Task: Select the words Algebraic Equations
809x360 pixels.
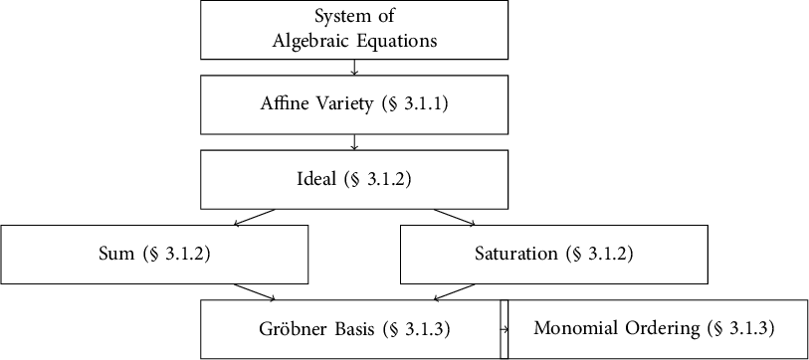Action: pyautogui.click(x=354, y=41)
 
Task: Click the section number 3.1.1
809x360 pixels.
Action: pyautogui.click(x=424, y=104)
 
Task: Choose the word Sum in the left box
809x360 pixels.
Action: pyautogui.click(x=116, y=254)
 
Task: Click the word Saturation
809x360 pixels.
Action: pyautogui.click(x=517, y=254)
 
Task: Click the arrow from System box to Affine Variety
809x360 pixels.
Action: pyautogui.click(x=355, y=68)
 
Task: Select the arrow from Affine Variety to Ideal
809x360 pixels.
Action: pyautogui.click(x=355, y=142)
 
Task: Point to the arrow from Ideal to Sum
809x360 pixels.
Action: pyautogui.click(x=255, y=217)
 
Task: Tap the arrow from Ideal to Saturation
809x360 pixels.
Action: pyautogui.click(x=455, y=217)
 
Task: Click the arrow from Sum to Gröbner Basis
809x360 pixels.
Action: pyautogui.click(x=255, y=291)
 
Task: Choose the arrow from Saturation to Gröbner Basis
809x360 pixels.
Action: pyautogui.click(x=455, y=291)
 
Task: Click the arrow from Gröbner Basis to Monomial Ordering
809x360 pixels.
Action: pyautogui.click(x=505, y=328)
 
